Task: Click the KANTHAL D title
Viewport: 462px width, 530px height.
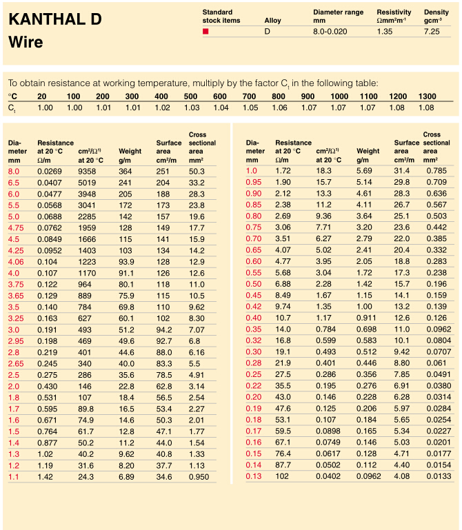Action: (55, 19)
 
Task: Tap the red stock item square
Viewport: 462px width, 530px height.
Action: (205, 32)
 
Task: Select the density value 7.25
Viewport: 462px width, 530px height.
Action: (432, 32)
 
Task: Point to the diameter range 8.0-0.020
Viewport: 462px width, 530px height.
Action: (330, 32)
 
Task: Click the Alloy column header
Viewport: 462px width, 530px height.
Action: (272, 20)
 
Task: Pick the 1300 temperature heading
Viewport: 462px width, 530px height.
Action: (427, 96)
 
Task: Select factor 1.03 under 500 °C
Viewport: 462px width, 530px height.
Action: (192, 108)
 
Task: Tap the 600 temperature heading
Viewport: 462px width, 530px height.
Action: (220, 96)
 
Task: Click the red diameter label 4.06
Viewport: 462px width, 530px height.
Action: (16, 262)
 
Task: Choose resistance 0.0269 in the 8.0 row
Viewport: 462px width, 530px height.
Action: (50, 172)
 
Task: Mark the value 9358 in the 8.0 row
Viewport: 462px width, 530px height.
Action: (87, 172)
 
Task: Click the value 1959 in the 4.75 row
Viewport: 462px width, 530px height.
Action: (87, 228)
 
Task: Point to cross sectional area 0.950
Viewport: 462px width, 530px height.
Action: (199, 477)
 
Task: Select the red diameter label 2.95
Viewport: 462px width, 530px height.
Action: (16, 341)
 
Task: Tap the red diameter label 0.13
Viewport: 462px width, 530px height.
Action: (254, 476)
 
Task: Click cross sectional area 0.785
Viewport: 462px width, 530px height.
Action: (436, 171)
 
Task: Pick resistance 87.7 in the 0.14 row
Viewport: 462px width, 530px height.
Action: (283, 465)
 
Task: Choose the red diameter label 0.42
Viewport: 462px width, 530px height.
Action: (254, 307)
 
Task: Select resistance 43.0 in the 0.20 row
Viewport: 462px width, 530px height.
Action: (283, 397)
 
